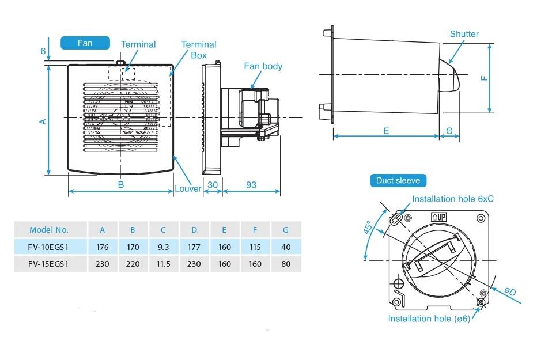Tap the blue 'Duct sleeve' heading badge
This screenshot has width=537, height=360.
(398, 180)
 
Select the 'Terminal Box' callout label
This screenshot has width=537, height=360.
(199, 50)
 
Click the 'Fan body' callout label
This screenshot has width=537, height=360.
(263, 66)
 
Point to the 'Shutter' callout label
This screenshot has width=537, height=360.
(464, 34)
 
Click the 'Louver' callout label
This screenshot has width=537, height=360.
(188, 188)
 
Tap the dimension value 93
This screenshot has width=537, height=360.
(251, 185)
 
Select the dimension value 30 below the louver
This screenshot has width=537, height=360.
(212, 185)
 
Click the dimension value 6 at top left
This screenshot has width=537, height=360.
(43, 51)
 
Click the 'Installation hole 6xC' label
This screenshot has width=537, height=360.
(453, 199)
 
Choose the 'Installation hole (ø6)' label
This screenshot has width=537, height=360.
(429, 319)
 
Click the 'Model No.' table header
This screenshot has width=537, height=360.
(49, 230)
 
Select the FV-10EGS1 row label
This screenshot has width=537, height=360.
(49, 247)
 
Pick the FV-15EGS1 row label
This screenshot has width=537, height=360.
(49, 264)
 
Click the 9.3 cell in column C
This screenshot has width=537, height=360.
(163, 247)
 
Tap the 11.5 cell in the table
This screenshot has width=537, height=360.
(163, 264)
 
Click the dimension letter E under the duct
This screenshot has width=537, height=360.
(386, 131)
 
